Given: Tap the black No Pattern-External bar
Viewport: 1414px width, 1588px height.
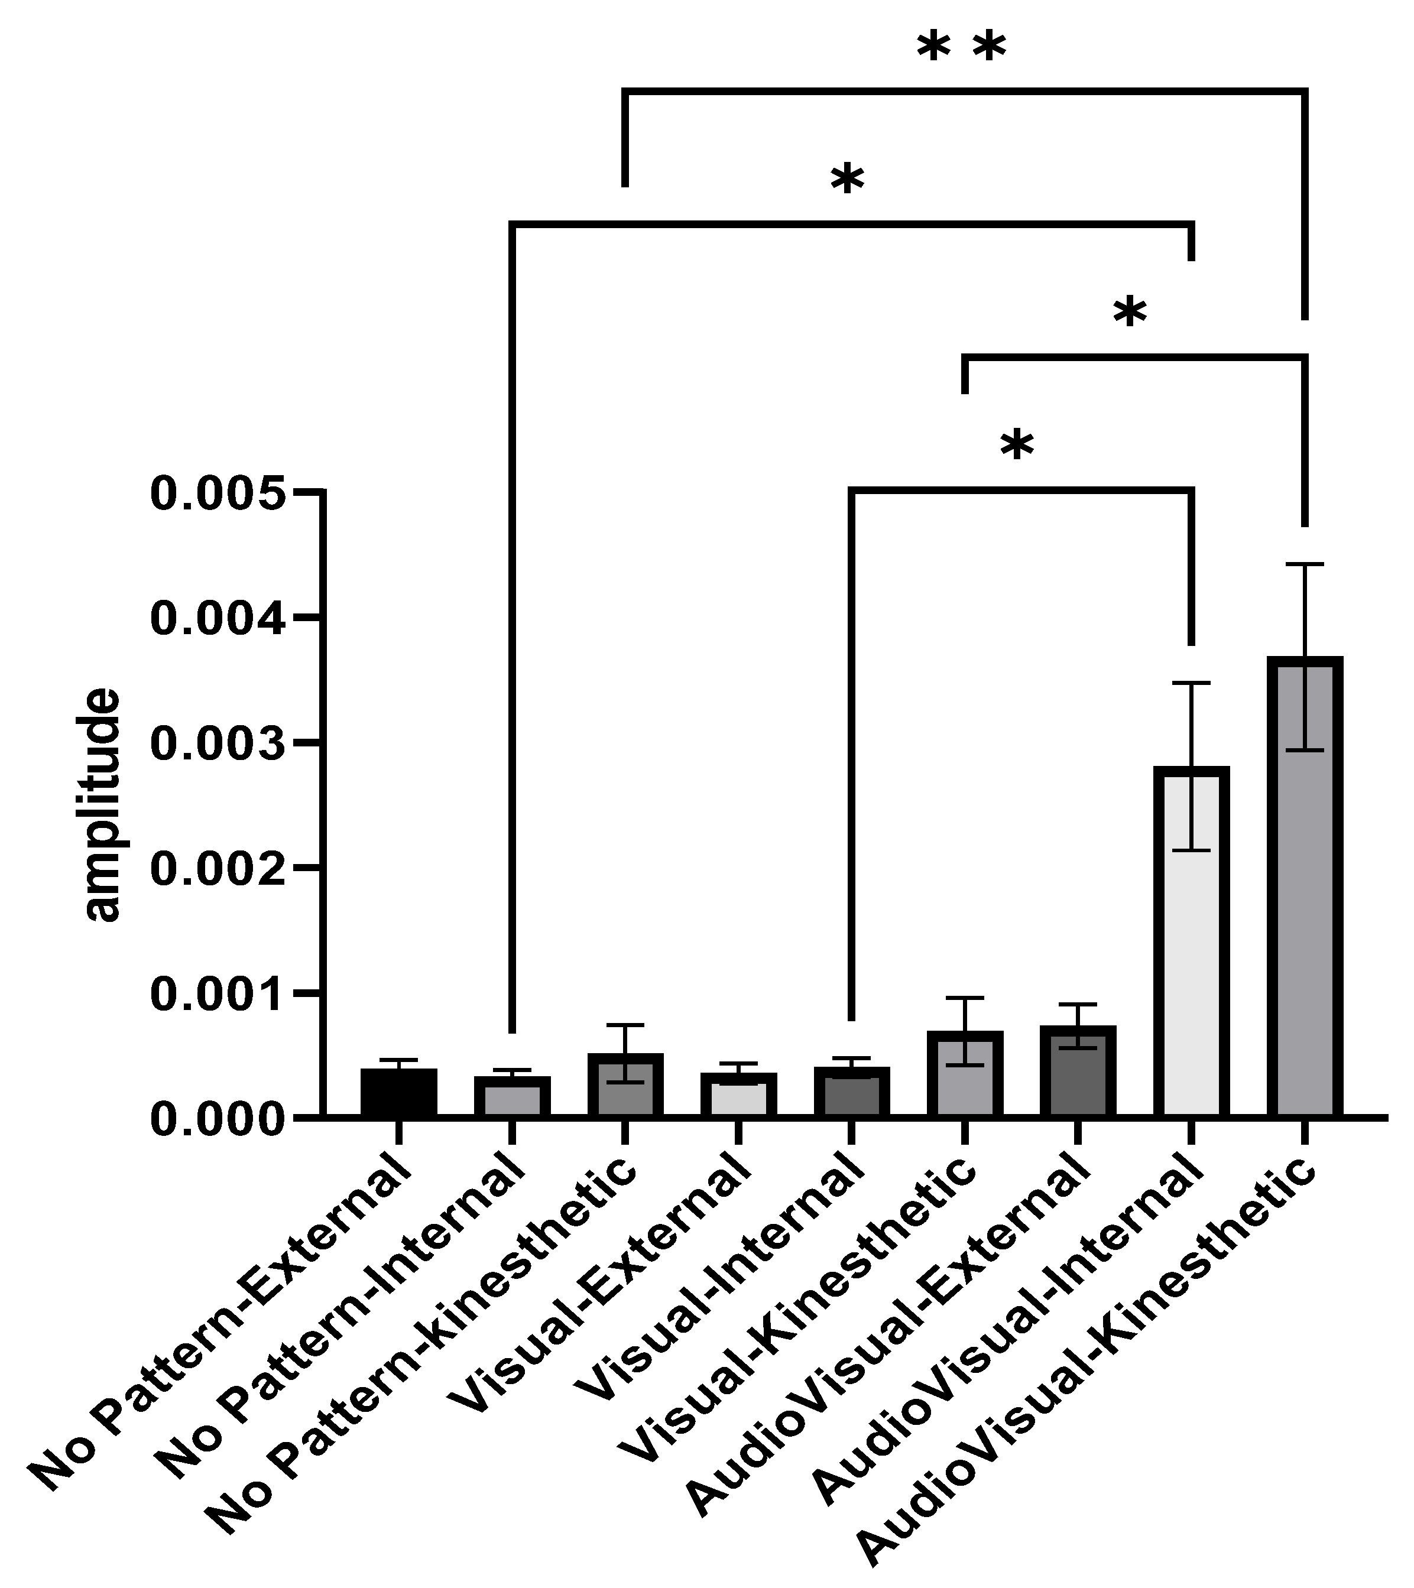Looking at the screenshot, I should [x=398, y=1094].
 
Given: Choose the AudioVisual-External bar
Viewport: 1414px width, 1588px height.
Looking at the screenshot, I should [x=1078, y=1072].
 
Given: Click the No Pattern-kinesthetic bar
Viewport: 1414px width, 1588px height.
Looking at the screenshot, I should [x=625, y=1086].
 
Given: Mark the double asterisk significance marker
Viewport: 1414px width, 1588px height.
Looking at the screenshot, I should [x=961, y=49].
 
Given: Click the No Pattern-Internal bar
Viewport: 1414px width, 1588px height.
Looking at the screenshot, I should [x=511, y=1097].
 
